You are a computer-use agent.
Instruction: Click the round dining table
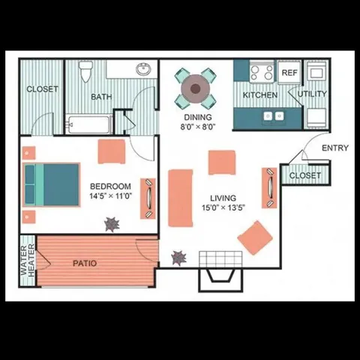click(x=196, y=88)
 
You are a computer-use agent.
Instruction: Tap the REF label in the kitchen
click(x=289, y=73)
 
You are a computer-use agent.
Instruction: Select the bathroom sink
click(x=142, y=70)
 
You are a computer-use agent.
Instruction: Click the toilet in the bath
click(x=85, y=73)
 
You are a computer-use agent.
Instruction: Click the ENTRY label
click(x=334, y=148)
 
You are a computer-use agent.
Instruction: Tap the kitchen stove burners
click(x=262, y=73)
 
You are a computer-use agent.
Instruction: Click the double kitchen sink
click(x=273, y=116)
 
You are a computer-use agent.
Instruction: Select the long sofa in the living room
click(x=181, y=197)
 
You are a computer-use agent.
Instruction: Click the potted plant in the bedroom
click(x=112, y=223)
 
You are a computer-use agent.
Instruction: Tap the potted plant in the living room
click(x=179, y=258)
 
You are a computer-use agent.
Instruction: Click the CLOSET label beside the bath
click(x=42, y=89)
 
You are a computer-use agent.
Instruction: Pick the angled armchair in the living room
click(x=255, y=238)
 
